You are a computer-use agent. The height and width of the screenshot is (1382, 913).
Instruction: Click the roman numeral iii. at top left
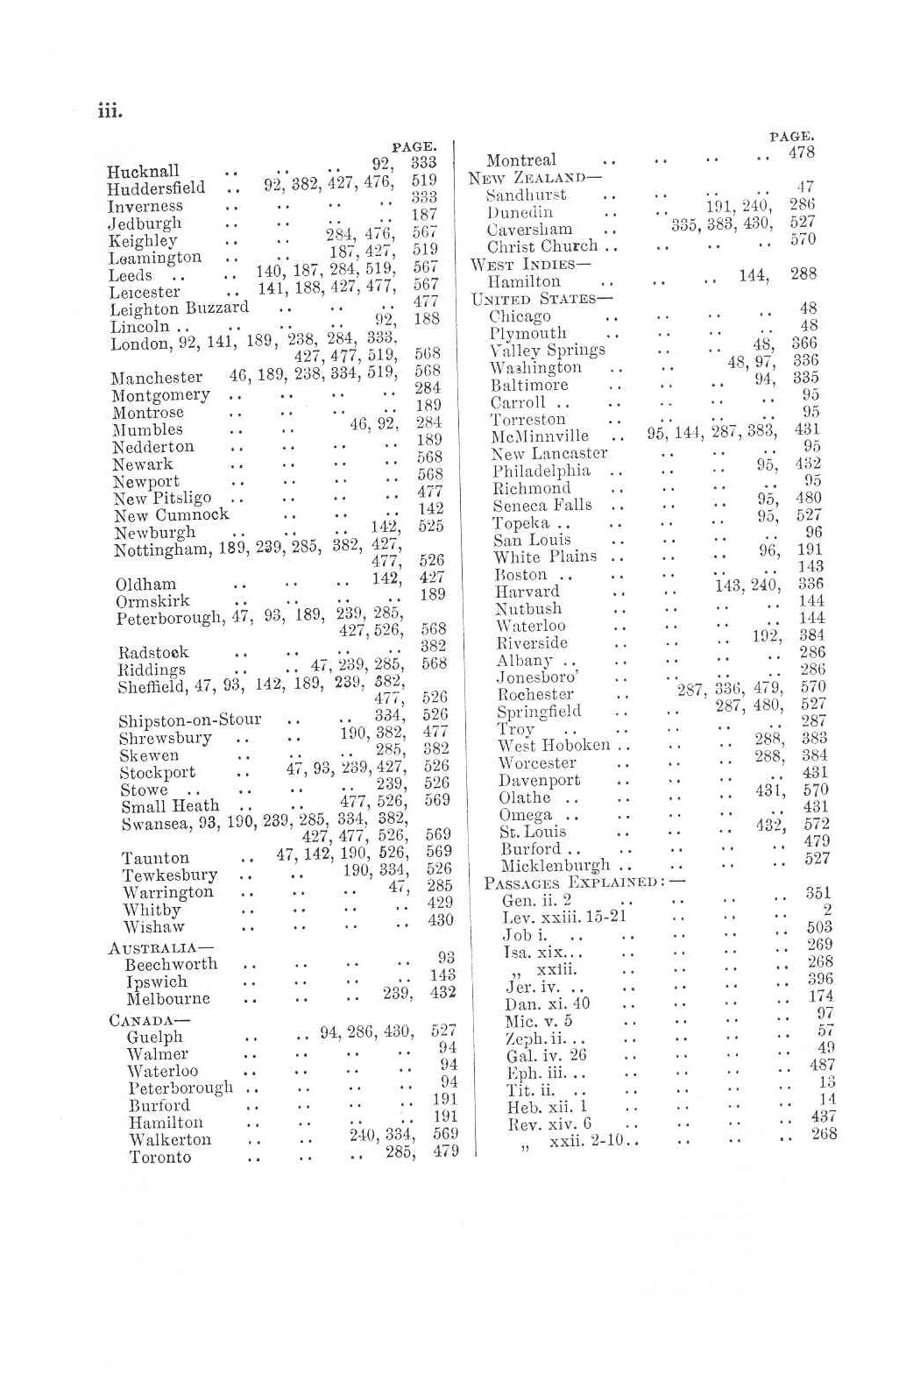point(110,111)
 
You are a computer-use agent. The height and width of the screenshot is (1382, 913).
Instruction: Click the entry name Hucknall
point(143,171)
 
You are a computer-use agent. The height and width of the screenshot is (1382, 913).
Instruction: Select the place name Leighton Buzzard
point(179,308)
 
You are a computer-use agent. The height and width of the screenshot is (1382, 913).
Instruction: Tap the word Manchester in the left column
point(157,378)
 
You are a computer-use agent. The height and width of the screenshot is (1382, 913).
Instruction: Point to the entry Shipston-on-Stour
point(189,720)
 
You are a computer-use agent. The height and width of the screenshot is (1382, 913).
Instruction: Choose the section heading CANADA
point(149,1020)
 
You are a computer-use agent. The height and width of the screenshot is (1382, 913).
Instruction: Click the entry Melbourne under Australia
point(168,999)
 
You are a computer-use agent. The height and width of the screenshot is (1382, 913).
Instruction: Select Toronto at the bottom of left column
point(159,1157)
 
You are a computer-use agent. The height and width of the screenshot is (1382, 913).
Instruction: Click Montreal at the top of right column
point(520,160)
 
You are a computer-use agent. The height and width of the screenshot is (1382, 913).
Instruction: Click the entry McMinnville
point(540,436)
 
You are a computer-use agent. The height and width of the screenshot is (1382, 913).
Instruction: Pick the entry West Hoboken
point(553,745)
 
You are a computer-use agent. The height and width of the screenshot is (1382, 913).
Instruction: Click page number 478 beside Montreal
point(801,152)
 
